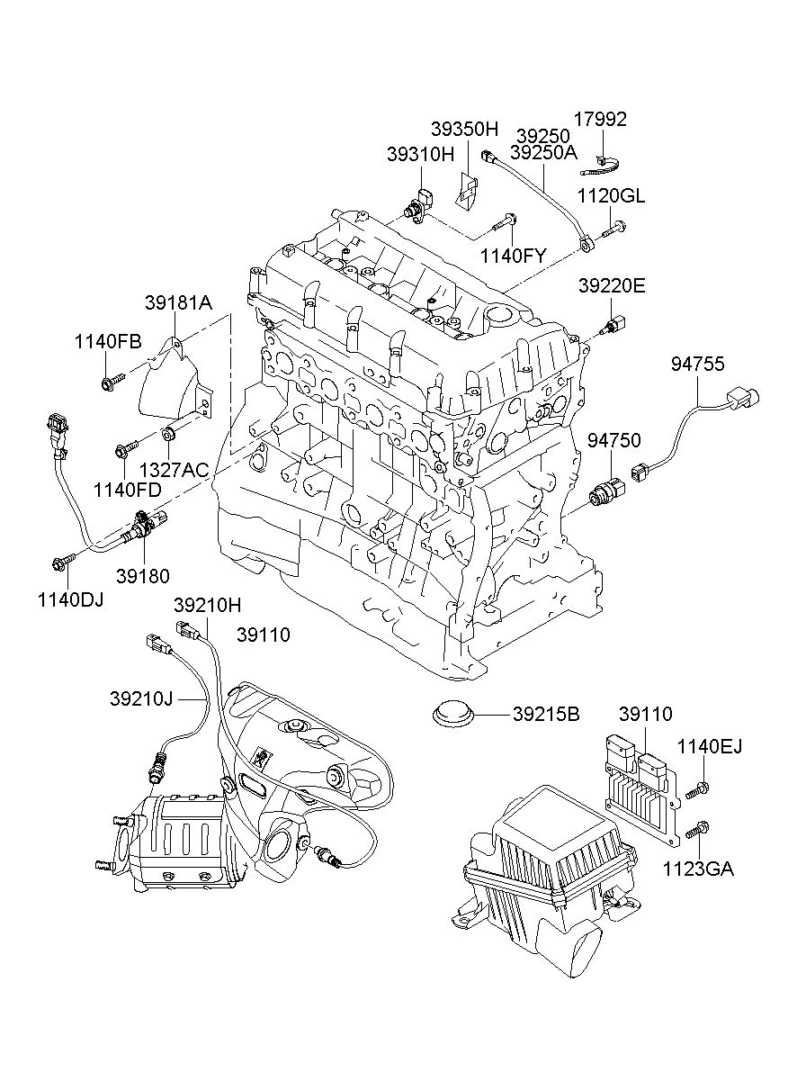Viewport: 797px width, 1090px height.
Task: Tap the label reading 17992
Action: tap(602, 120)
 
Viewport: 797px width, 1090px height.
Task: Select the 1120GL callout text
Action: tap(611, 197)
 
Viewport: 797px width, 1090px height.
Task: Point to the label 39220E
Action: tap(612, 287)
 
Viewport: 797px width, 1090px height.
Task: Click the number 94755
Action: tap(697, 364)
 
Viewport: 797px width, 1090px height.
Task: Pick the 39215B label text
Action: tap(546, 716)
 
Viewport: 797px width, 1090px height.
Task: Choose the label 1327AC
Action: tap(174, 469)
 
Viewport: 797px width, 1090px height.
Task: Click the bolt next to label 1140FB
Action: tap(109, 384)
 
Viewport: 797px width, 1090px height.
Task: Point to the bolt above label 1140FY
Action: tap(505, 219)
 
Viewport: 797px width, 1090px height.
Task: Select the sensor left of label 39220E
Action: tap(614, 325)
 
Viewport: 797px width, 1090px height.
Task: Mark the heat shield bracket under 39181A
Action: tap(175, 383)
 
